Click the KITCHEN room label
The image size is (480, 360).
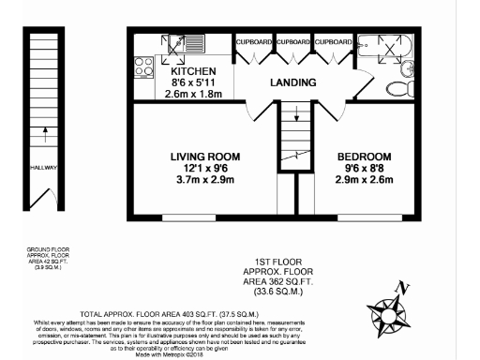193,71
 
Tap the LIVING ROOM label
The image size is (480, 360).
204,157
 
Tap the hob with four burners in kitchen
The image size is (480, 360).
145,67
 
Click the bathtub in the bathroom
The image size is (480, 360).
382,46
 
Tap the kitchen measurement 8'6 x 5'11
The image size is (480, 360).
193,82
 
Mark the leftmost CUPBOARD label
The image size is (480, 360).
254,42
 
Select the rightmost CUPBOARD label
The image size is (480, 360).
333,42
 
